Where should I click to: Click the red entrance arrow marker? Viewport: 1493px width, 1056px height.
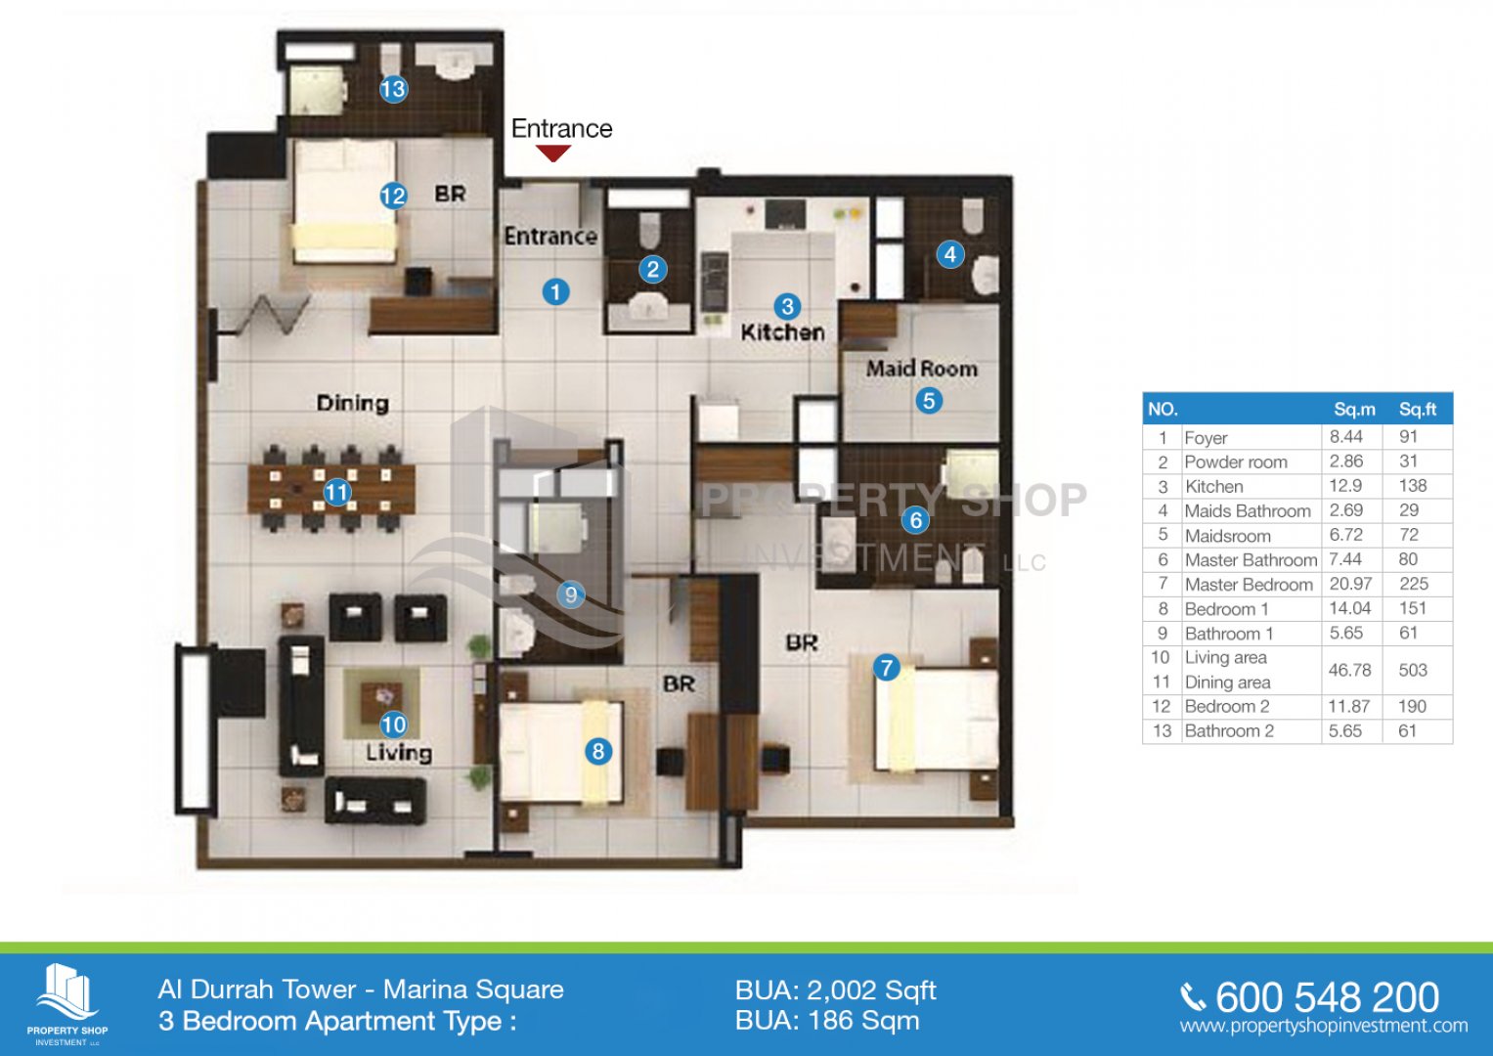coord(553,154)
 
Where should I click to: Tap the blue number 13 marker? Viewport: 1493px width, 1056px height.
coord(393,89)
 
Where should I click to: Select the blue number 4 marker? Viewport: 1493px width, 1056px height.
coord(949,254)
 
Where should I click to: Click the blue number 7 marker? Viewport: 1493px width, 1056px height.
coord(886,667)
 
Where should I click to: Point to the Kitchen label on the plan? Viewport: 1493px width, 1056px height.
coord(782,332)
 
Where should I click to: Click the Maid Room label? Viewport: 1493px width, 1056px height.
coord(922,369)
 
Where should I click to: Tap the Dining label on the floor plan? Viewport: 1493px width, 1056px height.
coord(353,403)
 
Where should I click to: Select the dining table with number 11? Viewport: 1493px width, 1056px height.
coord(331,489)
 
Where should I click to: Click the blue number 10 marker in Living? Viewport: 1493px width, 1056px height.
coord(393,725)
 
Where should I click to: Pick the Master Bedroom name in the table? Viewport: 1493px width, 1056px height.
coord(1249,585)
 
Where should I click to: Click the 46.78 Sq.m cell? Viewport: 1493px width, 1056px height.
coord(1349,670)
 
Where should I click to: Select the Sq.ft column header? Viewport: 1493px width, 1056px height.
coord(1417,410)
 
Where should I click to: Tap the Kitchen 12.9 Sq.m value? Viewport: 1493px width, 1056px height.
coord(1345,486)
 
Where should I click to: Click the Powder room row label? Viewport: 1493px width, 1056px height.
coord(1236,462)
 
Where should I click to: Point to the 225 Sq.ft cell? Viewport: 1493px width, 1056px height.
coord(1414,584)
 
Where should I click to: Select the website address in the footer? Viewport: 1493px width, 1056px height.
coord(1324,1026)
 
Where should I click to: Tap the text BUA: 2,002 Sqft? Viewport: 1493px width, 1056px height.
coord(836,990)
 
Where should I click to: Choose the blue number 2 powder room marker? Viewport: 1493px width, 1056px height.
coord(652,269)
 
